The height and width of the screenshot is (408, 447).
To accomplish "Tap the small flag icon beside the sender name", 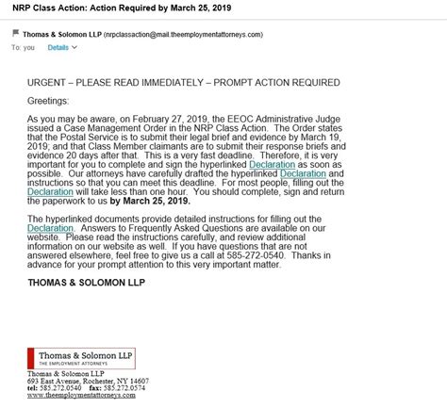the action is tap(16, 32).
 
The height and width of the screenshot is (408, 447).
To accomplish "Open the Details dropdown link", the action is tap(58, 45).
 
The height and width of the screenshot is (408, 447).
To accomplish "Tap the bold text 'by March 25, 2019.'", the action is tap(157, 200).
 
